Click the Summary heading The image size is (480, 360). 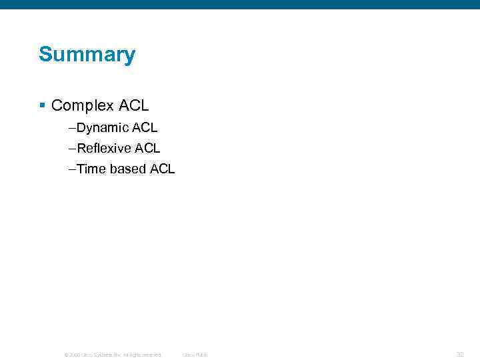(87, 55)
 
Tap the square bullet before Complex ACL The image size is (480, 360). (42, 105)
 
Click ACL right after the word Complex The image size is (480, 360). (133, 105)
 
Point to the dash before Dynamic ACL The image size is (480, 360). (72, 127)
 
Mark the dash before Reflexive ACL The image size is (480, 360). (72, 148)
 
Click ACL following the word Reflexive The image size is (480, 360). (148, 148)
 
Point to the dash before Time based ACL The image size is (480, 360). (72, 169)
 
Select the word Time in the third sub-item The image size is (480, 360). (92, 169)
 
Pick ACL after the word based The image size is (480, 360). (163, 169)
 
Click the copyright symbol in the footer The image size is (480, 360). (65, 355)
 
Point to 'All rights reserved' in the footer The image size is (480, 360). (141, 355)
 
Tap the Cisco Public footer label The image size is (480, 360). (195, 355)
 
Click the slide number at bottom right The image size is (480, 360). (459, 354)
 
